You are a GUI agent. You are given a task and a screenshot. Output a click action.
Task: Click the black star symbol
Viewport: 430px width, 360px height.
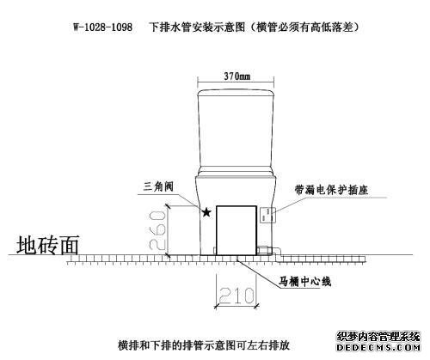point(206,212)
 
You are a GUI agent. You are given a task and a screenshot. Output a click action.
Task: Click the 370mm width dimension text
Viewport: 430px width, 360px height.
point(237,76)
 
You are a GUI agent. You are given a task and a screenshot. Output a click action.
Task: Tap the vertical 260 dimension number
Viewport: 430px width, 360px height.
point(157,229)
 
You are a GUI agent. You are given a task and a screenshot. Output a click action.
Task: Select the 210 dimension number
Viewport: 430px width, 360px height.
point(236,296)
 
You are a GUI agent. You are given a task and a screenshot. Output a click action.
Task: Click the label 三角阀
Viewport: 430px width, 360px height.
point(158,186)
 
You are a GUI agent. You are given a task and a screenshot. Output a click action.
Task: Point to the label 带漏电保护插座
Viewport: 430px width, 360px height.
point(331,190)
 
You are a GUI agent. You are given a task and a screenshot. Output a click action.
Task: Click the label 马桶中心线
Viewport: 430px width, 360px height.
point(305,282)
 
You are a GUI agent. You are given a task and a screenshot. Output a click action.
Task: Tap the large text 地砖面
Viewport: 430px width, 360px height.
point(47,246)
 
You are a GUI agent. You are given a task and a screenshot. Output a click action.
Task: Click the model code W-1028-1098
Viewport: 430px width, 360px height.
point(103,27)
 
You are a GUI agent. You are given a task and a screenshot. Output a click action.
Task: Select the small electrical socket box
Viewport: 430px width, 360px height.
point(267,215)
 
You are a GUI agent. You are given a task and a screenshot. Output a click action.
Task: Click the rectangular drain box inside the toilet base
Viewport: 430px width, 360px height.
point(236,230)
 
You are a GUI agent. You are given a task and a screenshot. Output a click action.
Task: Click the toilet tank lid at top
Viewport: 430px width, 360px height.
point(236,92)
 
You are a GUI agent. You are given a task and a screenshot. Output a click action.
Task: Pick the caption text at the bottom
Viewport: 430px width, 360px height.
point(204,345)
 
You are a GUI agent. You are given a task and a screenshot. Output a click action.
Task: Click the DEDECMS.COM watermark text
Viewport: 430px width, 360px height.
point(378,348)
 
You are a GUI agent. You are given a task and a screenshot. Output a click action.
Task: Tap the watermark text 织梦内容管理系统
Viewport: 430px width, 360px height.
point(378,337)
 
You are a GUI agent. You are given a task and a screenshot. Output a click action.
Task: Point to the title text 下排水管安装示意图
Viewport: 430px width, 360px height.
point(198,27)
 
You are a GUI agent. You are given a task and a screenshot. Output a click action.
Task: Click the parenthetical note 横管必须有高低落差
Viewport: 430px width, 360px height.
point(304,27)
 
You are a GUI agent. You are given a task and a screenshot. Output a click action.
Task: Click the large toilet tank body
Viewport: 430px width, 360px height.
point(236,131)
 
